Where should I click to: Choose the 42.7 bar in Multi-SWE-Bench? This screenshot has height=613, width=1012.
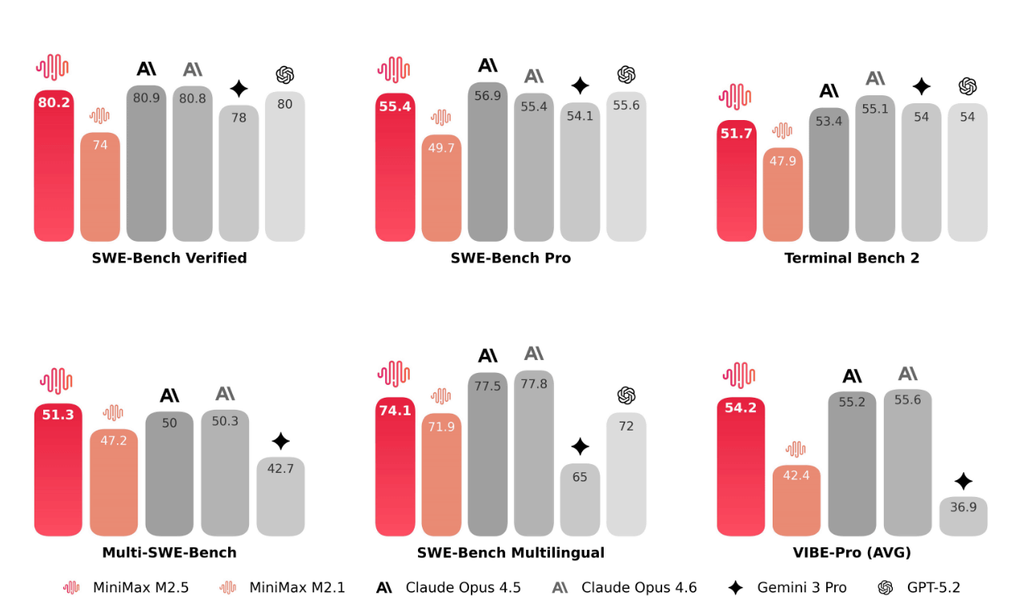click(280, 496)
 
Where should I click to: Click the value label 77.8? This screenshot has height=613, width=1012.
click(534, 384)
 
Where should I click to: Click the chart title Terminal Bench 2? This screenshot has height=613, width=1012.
click(852, 258)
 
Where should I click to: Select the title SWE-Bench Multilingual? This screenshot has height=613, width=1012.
click(511, 552)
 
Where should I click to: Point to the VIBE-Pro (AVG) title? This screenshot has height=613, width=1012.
click(852, 552)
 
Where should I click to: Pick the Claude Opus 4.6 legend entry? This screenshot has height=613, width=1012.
click(624, 587)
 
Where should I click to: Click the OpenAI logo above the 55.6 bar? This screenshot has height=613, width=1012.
click(626, 74)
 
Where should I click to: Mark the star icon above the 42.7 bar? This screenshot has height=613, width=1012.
click(280, 440)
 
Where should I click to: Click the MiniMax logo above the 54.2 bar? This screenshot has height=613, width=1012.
click(740, 375)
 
